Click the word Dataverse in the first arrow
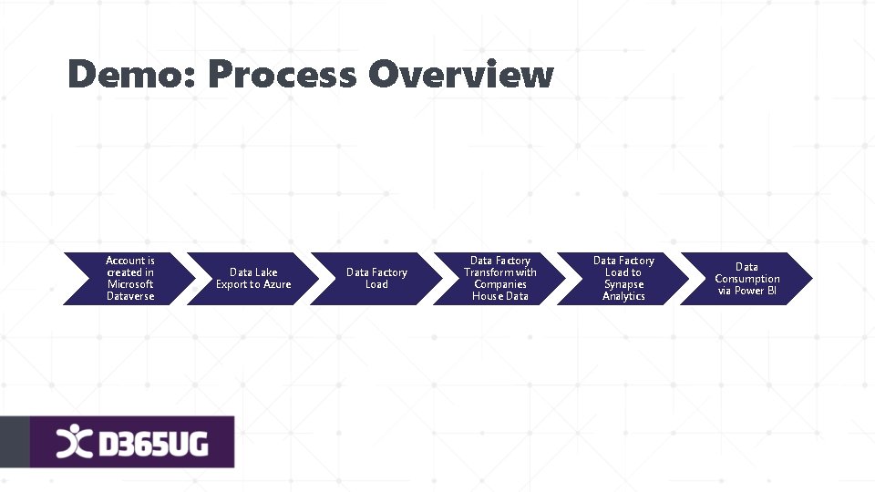click(130, 296)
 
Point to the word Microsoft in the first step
click(130, 284)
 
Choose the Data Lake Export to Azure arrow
click(253, 278)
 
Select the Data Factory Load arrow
click(376, 278)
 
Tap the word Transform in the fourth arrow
click(488, 272)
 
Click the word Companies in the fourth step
click(500, 284)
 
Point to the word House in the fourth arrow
click(487, 296)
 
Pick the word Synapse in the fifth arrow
click(623, 284)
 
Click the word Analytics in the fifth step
click(623, 296)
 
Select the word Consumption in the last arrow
click(747, 279)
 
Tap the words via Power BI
click(747, 291)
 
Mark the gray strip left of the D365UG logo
click(14, 442)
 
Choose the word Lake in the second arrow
click(266, 272)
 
